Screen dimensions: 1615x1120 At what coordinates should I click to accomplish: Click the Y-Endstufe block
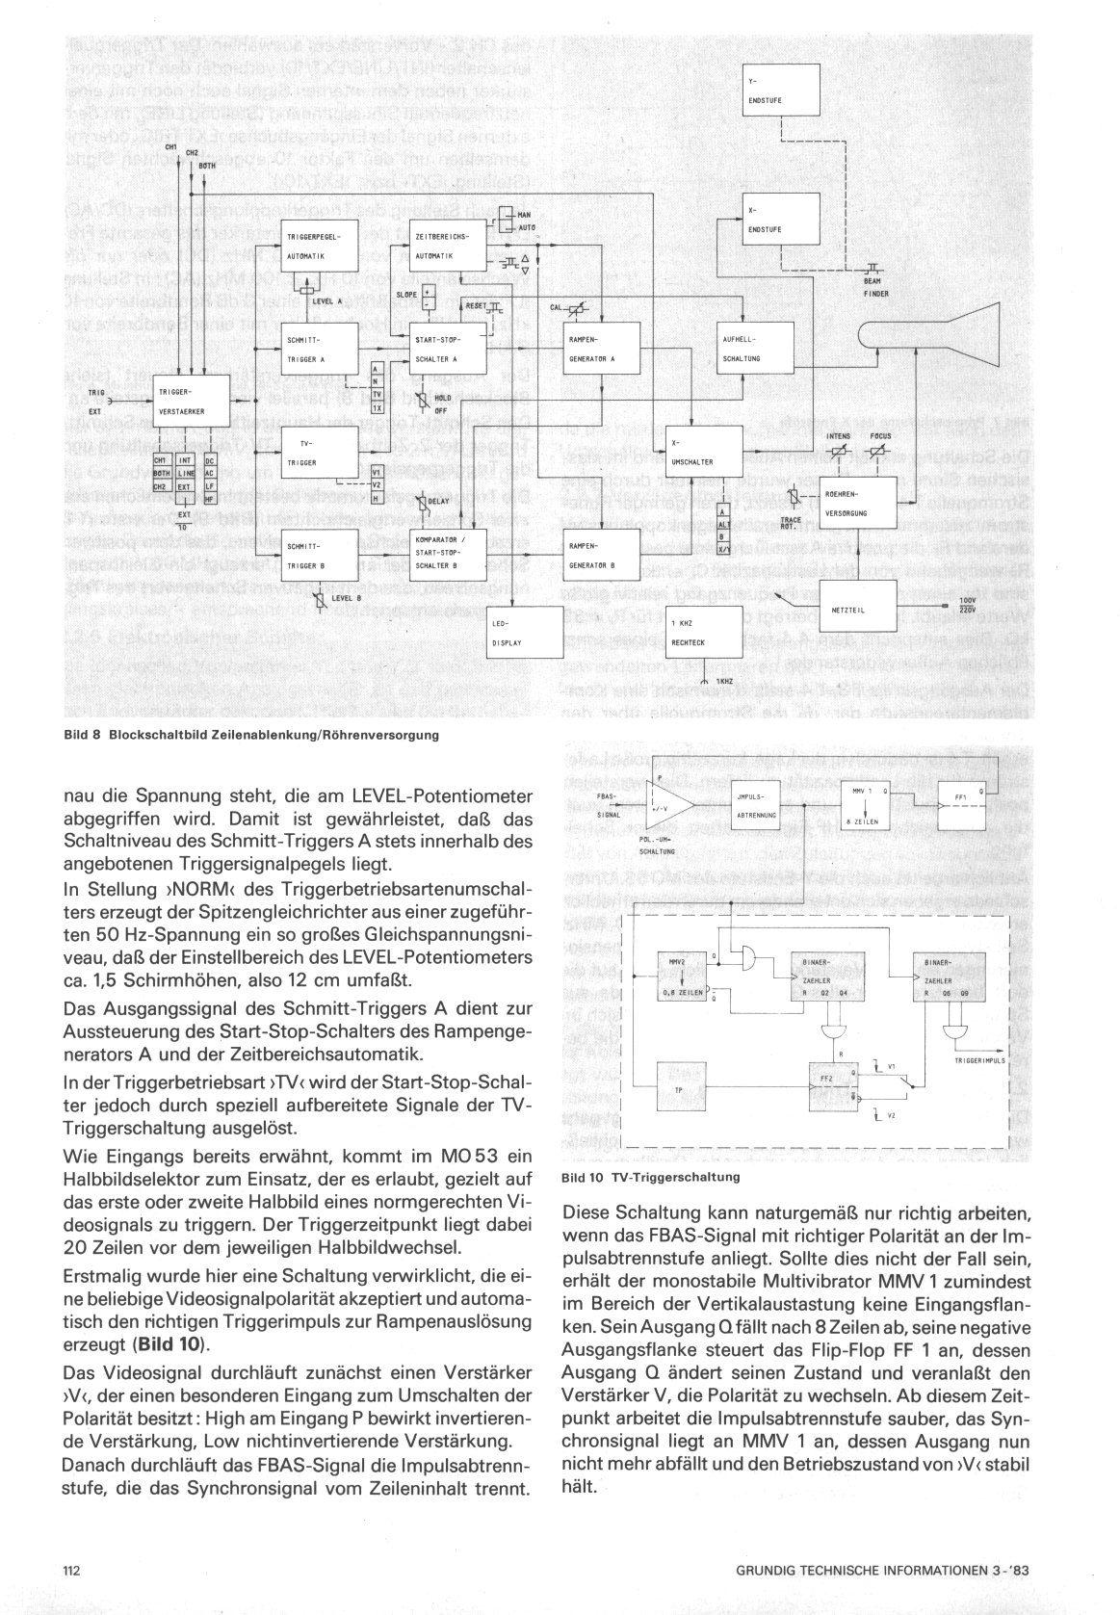(782, 90)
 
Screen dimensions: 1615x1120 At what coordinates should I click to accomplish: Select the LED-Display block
(524, 636)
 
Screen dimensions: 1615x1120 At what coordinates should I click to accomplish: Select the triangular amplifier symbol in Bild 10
(670, 804)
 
